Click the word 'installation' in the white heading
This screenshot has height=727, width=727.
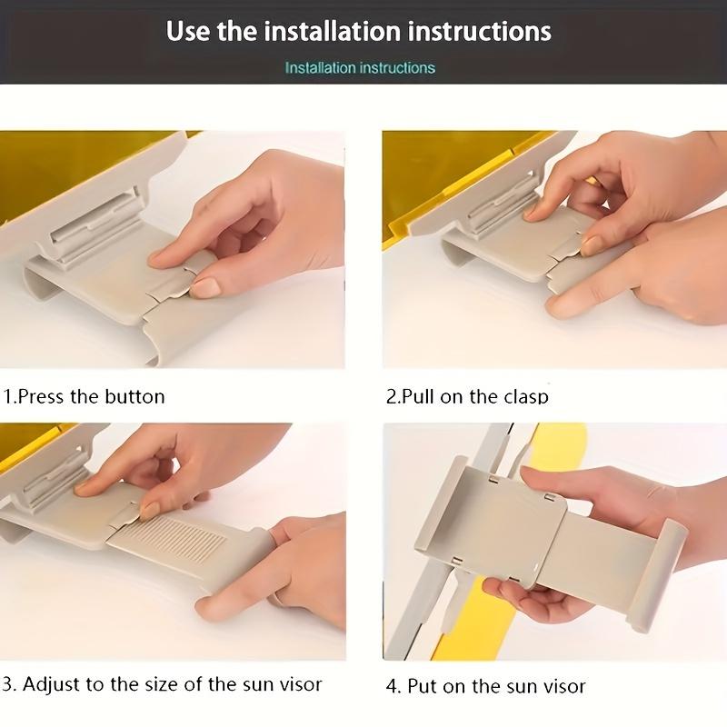coord(332,31)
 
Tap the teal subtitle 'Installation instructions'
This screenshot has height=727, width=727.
coord(360,68)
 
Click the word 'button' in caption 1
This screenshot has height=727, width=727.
coord(134,397)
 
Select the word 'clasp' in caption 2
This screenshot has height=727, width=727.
coord(526,397)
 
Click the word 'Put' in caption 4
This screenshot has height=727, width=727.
coord(422,686)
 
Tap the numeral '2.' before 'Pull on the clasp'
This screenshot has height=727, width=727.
coord(393,397)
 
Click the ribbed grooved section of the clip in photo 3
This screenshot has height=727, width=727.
coord(177,538)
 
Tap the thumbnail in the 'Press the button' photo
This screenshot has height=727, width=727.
coord(205,287)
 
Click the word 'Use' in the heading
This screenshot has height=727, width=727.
coord(187,31)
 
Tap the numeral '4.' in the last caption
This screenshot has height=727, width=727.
coord(393,687)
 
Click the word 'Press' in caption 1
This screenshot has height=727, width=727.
coord(41,397)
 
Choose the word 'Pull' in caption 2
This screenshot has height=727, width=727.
coord(418,397)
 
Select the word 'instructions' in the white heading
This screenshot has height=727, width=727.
coord(480,31)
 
